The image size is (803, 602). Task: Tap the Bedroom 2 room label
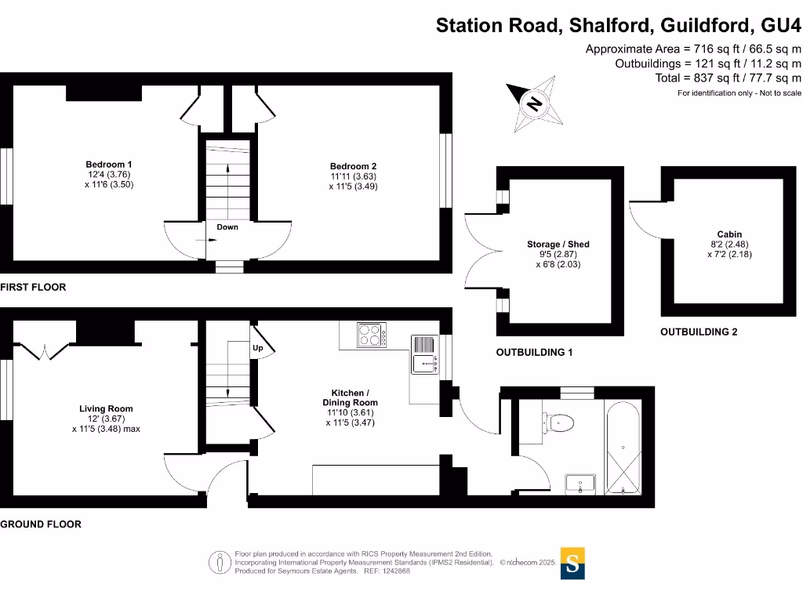point(353,166)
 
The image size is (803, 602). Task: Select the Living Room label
point(106,408)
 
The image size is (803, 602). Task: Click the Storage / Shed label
point(558,245)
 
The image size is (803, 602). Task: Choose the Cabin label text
point(729,234)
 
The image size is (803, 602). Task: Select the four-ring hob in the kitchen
point(373,335)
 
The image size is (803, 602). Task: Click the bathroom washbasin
point(580,484)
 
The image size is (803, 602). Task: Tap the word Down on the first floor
point(227,227)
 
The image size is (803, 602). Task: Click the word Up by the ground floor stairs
point(257,347)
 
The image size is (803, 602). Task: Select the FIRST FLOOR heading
point(33,287)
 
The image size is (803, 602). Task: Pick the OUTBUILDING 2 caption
point(699,332)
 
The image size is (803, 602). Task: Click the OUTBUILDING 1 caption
point(534,353)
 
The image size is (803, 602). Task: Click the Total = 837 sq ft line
point(728,78)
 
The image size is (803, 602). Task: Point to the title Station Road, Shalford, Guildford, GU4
point(618,25)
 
